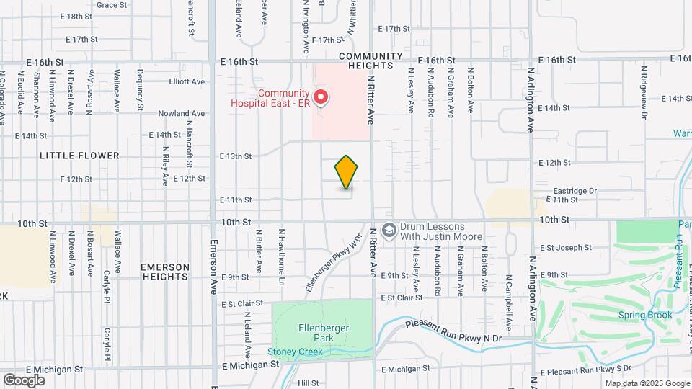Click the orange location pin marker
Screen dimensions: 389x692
click(x=346, y=172)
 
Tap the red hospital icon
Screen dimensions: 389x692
click(x=321, y=96)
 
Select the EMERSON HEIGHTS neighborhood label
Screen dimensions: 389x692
click(x=166, y=272)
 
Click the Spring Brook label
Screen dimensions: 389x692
click(x=644, y=315)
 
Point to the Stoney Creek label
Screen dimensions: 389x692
click(x=295, y=352)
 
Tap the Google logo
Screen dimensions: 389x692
click(x=24, y=380)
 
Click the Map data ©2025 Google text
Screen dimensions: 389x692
click(x=647, y=383)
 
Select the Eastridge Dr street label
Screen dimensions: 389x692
click(x=575, y=191)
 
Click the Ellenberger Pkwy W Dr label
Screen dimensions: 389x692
click(x=332, y=261)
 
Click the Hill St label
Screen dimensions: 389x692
click(x=308, y=383)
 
